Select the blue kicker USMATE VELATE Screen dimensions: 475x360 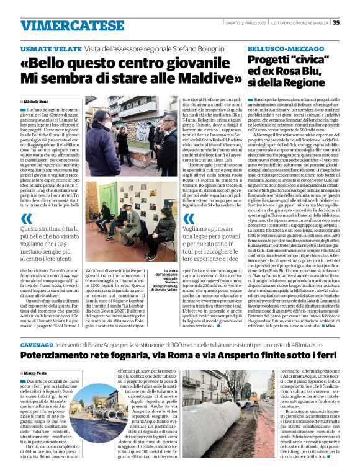[x=47, y=48]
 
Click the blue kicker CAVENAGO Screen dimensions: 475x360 [x=36, y=343]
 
